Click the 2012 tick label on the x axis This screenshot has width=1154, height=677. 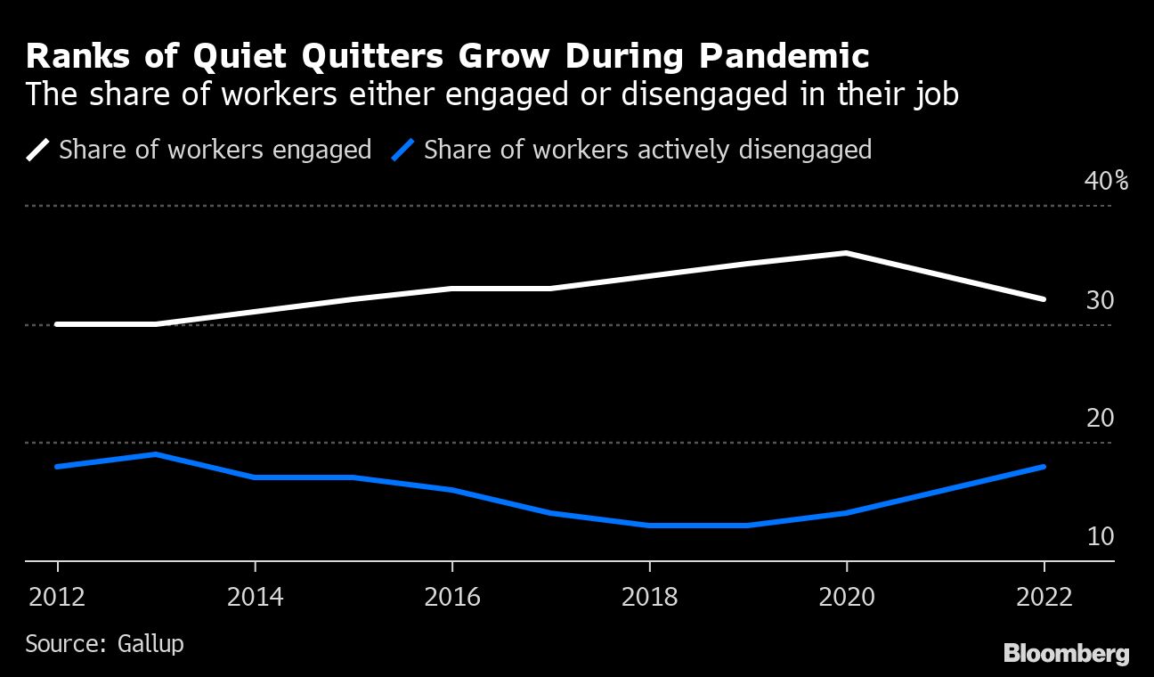click(x=58, y=596)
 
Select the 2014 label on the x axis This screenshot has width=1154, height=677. click(x=256, y=596)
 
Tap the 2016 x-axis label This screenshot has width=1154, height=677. click(x=452, y=596)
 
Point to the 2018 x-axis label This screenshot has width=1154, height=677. click(x=649, y=596)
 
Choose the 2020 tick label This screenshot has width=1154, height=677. click(x=846, y=596)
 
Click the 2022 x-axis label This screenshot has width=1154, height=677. click(x=1044, y=596)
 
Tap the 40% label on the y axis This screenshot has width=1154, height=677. click(x=1106, y=181)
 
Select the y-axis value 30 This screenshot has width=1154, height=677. click(x=1100, y=300)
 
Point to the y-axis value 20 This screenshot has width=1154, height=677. click(x=1100, y=418)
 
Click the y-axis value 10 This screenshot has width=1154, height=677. click(x=1100, y=536)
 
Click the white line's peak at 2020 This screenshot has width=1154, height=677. click(x=846, y=253)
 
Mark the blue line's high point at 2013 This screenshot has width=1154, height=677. click(x=156, y=454)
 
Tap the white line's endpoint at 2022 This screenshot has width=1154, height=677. click(x=1044, y=299)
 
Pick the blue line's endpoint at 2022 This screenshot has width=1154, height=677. click(x=1044, y=467)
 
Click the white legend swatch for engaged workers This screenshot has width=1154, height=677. click(x=37, y=150)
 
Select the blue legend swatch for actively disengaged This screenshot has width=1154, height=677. click(x=403, y=150)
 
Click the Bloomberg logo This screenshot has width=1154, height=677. click(x=1066, y=654)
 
